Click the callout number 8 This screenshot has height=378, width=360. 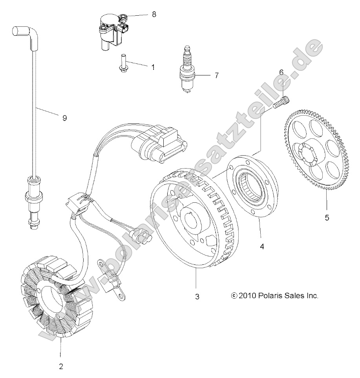point(154,14)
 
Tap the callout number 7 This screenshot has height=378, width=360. point(216,75)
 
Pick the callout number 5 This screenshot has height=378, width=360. point(327,217)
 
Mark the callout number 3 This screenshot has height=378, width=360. point(197,297)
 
